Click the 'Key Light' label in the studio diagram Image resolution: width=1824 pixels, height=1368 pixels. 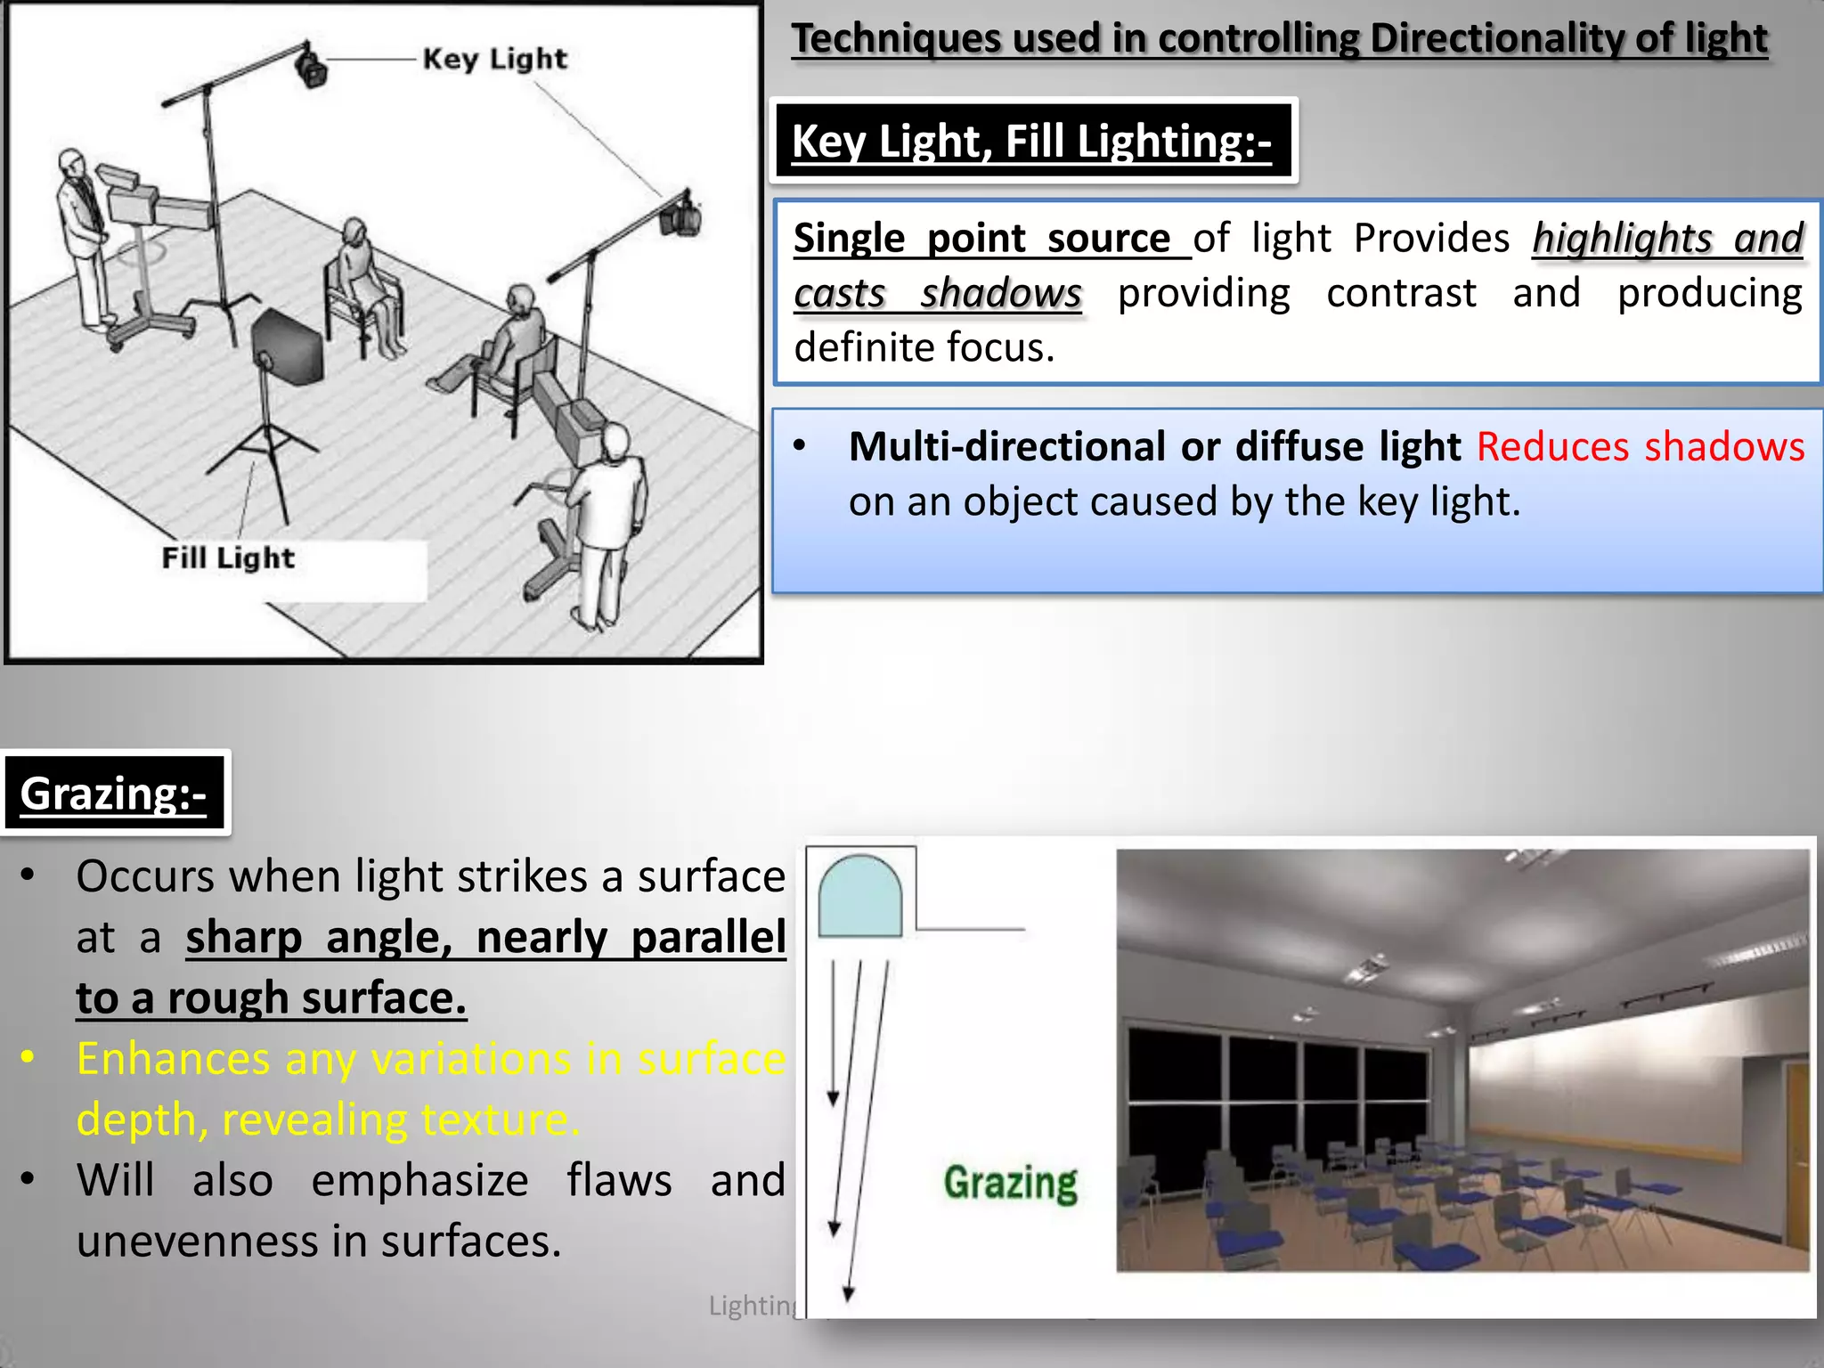point(494,60)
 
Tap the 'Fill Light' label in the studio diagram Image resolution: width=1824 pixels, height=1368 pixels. point(228,558)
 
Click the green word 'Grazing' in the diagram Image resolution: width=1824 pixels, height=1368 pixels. point(1010,1184)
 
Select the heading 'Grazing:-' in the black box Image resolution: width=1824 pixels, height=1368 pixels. point(113,794)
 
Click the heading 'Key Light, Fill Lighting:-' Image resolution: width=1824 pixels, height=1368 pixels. point(1031,142)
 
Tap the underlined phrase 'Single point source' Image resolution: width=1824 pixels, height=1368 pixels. point(982,239)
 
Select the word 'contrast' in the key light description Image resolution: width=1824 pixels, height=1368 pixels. point(1401,294)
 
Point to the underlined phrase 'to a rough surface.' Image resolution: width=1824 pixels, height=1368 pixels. point(272,998)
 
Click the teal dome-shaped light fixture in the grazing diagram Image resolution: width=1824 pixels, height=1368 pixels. point(859,896)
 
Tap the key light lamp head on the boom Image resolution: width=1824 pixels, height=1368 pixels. point(311,67)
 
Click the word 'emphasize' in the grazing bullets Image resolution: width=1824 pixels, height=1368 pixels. point(419,1181)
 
